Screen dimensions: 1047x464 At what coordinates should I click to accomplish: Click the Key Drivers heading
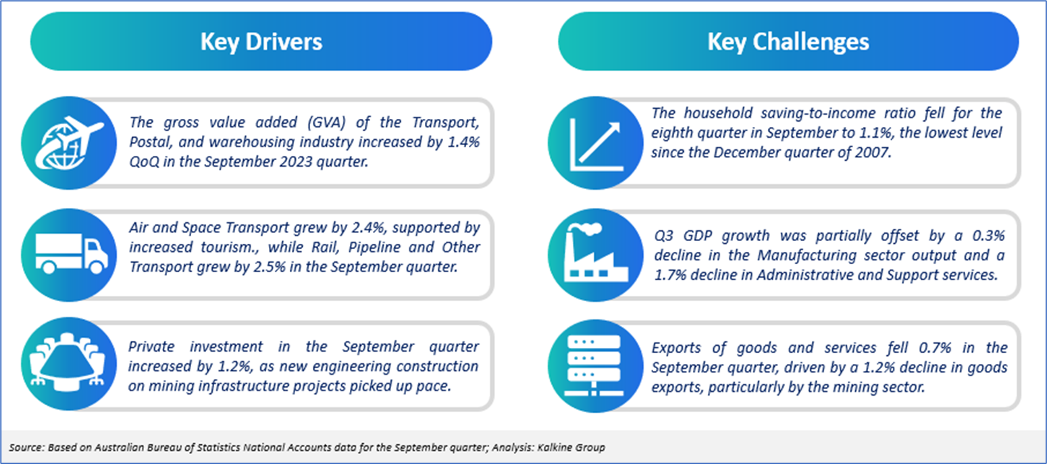pos(261,42)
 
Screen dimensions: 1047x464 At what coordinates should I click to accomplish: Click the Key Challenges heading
pos(788,42)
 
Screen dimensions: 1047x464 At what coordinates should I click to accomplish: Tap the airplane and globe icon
pos(69,143)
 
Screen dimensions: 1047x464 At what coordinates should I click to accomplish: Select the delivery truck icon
pos(72,254)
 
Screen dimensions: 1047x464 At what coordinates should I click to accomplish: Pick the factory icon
pos(596,253)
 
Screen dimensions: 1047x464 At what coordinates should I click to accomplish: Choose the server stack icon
pos(594,365)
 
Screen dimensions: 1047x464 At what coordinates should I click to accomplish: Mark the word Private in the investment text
pos(151,346)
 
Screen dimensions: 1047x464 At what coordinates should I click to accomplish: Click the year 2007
pos(871,153)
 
